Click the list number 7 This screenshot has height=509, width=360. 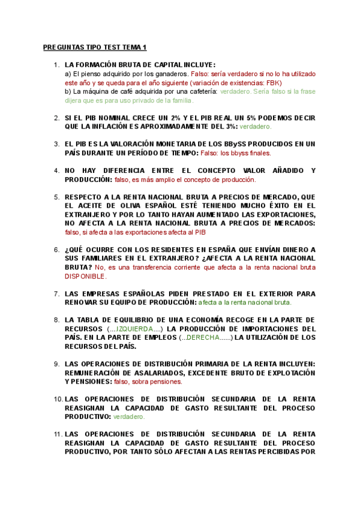(x=56, y=294)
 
